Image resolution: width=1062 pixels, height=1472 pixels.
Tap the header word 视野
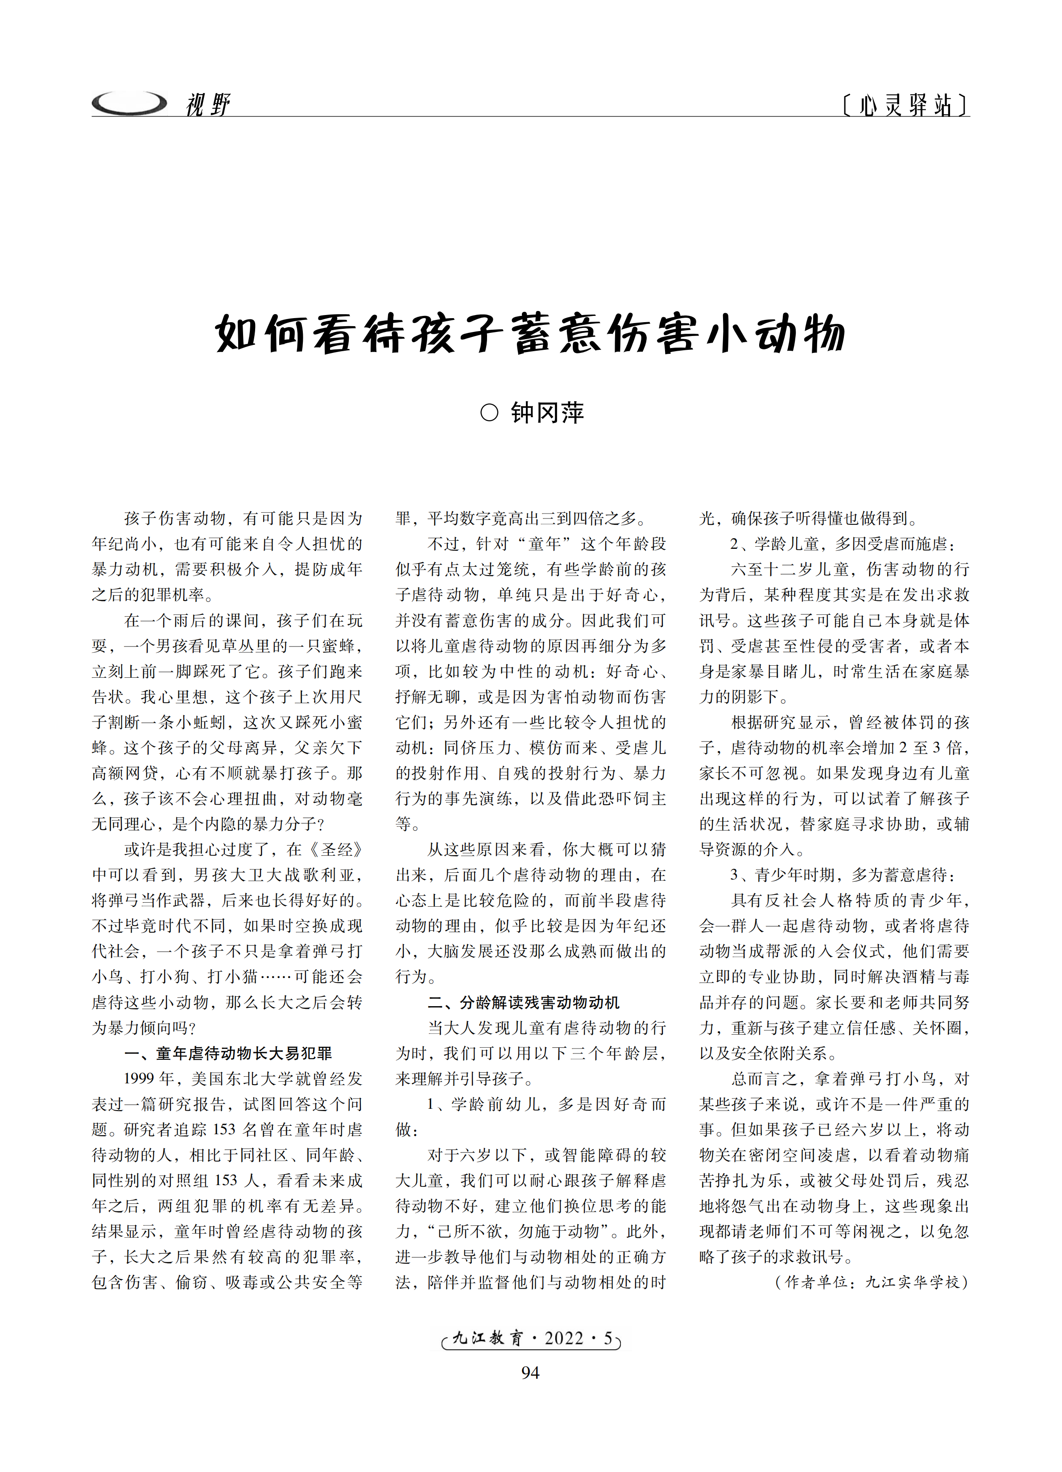coord(207,104)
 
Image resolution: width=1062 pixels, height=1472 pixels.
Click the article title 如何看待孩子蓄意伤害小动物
coord(530,334)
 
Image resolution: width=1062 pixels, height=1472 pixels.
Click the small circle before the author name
coord(489,413)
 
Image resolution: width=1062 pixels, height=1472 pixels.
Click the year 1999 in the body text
coord(140,1079)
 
